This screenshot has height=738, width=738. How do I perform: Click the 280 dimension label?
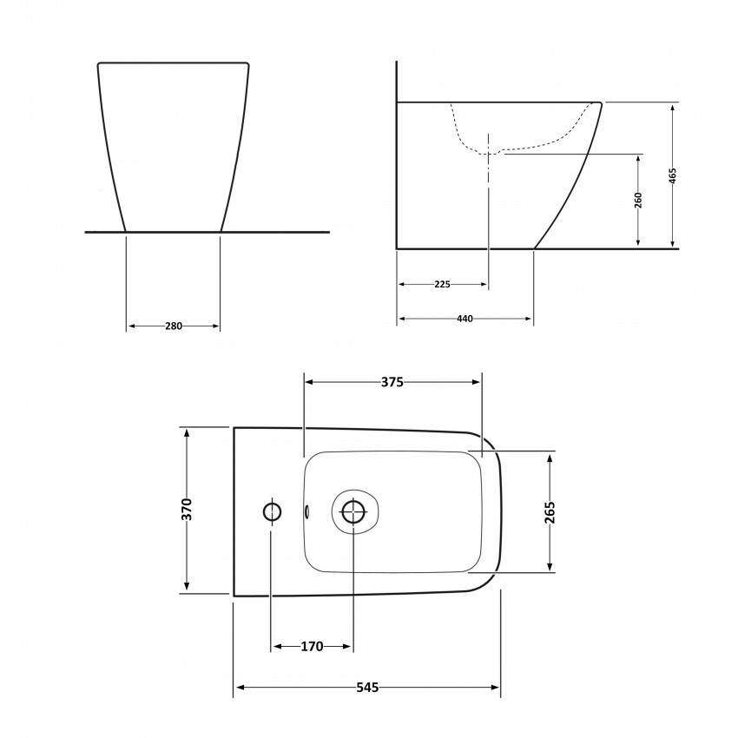173,326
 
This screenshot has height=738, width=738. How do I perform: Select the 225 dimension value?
442,284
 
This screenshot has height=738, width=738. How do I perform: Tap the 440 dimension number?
465,320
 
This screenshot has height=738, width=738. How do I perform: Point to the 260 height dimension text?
638,200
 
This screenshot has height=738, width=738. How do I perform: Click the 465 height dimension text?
672,175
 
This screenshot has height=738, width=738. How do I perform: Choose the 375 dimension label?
392,382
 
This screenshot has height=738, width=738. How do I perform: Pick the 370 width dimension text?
187,510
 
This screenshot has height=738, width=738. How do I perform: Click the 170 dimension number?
312,646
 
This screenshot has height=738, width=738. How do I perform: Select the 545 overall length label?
367,688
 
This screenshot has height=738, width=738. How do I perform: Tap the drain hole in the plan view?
353,511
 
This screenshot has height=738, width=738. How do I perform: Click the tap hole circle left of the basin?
272,511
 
